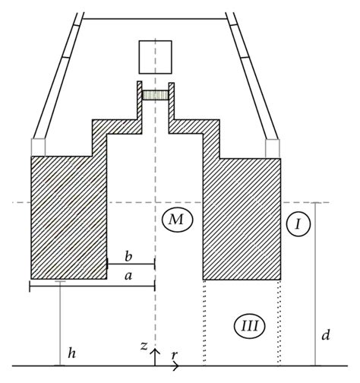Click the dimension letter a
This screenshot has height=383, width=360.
click(128, 277)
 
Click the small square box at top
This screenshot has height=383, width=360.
click(155, 56)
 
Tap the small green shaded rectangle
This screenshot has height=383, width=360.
click(155, 96)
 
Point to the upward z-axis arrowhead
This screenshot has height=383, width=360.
click(155, 350)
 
